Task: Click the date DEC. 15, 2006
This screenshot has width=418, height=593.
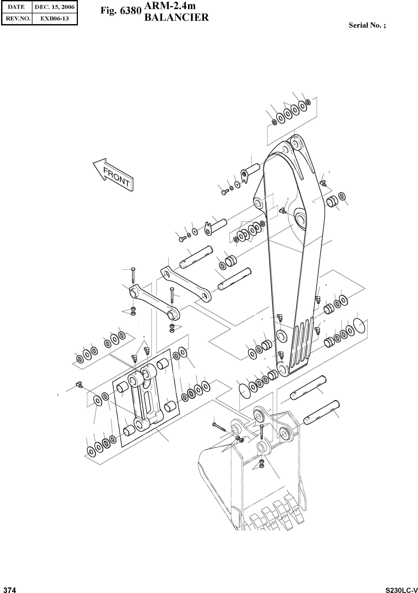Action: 55,7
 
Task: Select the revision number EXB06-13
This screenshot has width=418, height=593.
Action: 55,19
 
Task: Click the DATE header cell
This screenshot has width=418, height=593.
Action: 16,7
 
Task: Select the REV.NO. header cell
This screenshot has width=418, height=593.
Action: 16,19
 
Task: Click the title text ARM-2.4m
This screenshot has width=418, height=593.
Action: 170,6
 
